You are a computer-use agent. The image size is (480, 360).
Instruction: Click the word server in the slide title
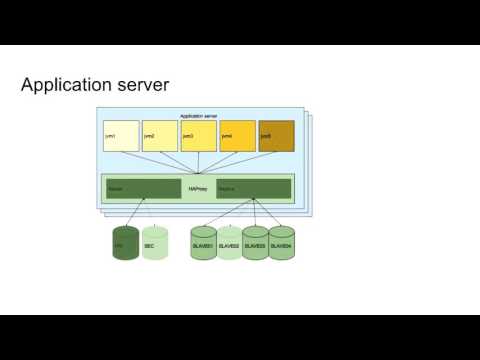coord(145,87)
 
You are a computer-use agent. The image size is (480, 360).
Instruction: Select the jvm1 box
coord(121,135)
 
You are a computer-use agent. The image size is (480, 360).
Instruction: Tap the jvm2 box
coord(159,135)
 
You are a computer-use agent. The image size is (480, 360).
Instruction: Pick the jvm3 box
coord(198,135)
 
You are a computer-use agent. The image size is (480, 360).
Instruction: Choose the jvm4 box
coord(237,135)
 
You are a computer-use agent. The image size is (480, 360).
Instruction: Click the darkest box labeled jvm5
coord(276,135)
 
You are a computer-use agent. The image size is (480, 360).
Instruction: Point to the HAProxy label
coord(198,188)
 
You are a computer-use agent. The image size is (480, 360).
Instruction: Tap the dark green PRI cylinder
coord(125,243)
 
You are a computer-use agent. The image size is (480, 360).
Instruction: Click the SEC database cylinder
coord(155,243)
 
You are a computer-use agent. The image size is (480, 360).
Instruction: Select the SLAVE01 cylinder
coord(203,244)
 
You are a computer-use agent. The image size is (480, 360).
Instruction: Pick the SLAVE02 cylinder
coord(229,244)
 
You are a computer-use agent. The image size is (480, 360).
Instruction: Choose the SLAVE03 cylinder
coord(255,244)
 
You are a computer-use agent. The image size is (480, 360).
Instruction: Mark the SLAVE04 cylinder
coord(281,244)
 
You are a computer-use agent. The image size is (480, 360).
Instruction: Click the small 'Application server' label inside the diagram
coord(198,116)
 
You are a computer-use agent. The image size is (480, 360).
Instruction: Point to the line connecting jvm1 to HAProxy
coord(159,163)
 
